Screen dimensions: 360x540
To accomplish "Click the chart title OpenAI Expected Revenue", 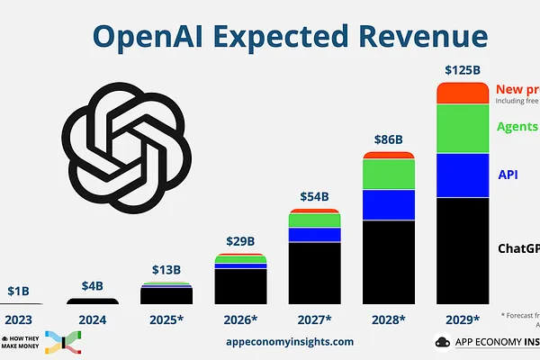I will coord(291,35).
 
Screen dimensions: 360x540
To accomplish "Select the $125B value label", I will coord(463,69).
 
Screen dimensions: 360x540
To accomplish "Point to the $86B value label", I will coord(388,139).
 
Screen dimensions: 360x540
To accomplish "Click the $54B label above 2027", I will coord(314,197).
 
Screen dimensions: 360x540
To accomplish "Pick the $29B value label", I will coord(240,243).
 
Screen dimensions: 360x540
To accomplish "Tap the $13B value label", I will coord(166,270).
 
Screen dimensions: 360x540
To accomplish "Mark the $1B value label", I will coord(18,291).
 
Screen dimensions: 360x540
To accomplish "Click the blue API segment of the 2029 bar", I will coord(463,175).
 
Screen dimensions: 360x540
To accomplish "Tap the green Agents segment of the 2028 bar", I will coord(389,174).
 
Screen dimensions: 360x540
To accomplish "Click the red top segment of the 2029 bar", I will coord(463,93).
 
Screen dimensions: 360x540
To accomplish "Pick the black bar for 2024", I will coord(92,301).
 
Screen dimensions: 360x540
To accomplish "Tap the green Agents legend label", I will coord(517,126).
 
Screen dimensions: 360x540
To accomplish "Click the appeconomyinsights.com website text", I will coord(290,342).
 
